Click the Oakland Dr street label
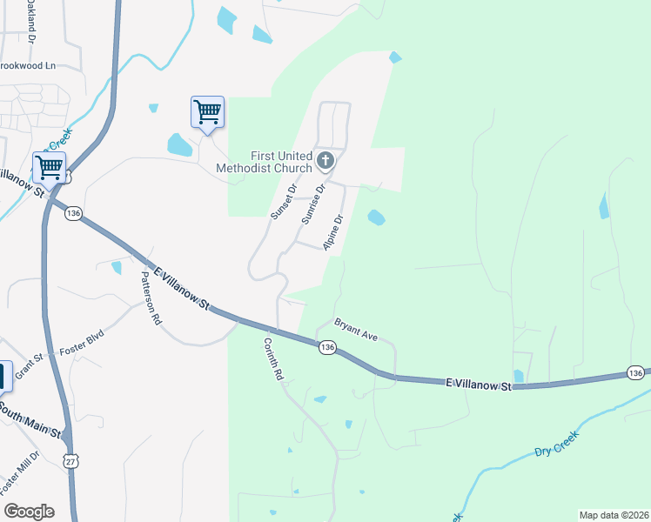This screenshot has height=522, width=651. click(x=30, y=22)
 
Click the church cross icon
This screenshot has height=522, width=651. click(x=325, y=160)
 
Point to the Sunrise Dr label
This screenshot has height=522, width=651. click(x=313, y=204)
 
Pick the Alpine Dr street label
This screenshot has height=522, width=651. click(x=334, y=233)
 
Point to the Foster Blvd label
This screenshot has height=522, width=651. click(x=82, y=339)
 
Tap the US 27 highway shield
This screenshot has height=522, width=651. click(x=71, y=460)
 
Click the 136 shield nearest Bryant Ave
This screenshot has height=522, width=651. click(x=327, y=347)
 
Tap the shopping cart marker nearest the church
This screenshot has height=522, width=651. click(x=207, y=112)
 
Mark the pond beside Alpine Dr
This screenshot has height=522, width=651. click(x=376, y=217)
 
